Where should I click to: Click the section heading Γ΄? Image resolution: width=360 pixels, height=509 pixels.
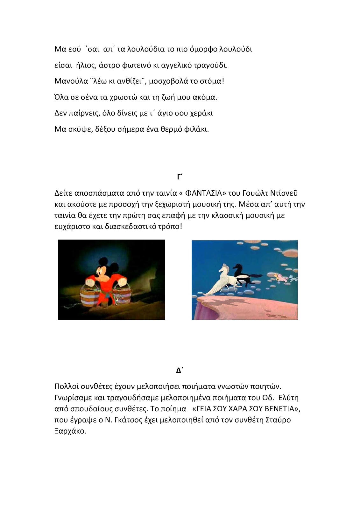tap(180, 177)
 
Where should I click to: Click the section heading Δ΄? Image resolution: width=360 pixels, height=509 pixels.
tap(180, 370)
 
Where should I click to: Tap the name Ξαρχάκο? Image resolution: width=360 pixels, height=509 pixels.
tap(70, 431)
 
